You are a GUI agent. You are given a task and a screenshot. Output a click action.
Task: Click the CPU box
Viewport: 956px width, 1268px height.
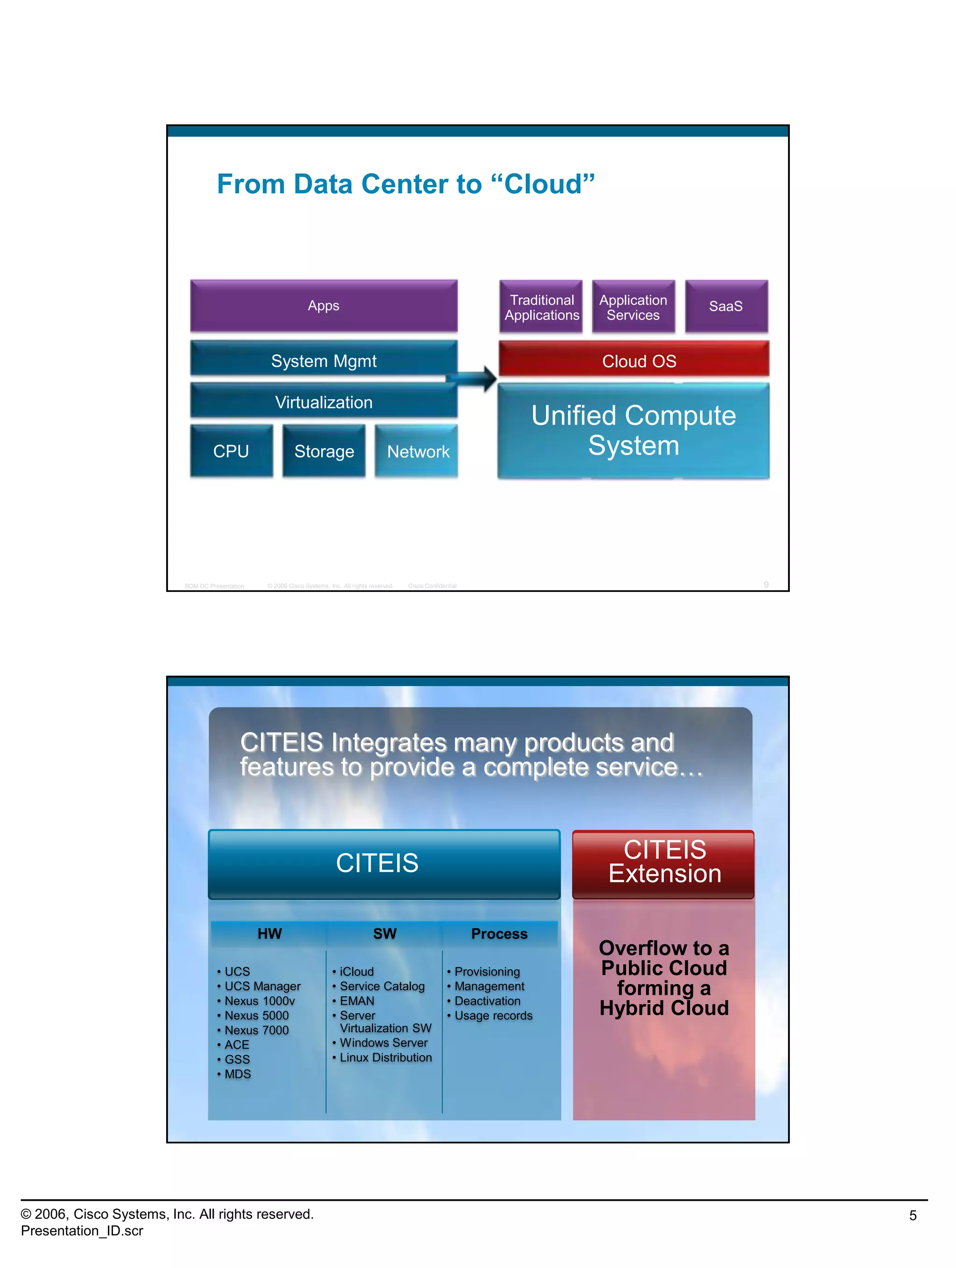coord(231,451)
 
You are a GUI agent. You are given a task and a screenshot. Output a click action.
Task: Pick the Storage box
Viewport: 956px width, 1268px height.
coord(324,451)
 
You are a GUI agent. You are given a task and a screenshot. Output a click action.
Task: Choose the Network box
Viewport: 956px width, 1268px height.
coord(417,451)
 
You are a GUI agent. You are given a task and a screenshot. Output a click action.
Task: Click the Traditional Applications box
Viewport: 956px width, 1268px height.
coord(541,307)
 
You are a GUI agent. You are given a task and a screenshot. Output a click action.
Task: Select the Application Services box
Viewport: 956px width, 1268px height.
coord(633,307)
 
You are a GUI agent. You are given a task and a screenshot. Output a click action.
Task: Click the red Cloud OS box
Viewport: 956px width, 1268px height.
coord(633,360)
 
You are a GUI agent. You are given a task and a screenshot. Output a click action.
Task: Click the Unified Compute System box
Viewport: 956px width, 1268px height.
coord(633,430)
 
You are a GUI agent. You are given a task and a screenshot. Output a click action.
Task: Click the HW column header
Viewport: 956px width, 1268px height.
coord(269,934)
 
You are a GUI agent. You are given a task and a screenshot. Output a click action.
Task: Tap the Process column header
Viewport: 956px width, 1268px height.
coord(499,934)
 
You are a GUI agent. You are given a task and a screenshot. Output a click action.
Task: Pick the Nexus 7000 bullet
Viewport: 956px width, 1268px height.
coord(256,1030)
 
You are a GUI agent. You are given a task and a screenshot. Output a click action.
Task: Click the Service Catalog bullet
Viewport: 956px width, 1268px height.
coord(382,986)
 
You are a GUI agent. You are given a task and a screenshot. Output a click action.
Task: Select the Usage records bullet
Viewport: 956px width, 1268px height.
coord(493,1015)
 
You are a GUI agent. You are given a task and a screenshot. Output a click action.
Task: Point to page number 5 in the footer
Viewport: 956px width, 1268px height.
coord(913,1216)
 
